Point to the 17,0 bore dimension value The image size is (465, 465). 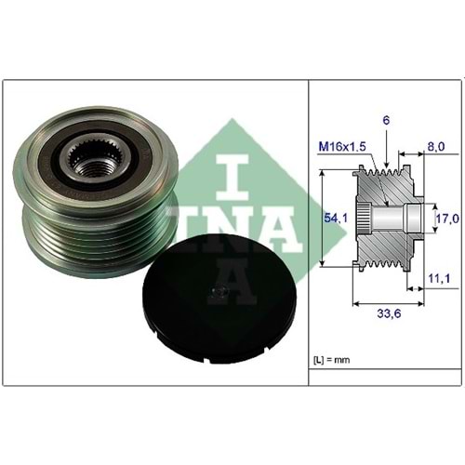tap(448, 219)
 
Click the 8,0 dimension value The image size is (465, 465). tap(435, 146)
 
